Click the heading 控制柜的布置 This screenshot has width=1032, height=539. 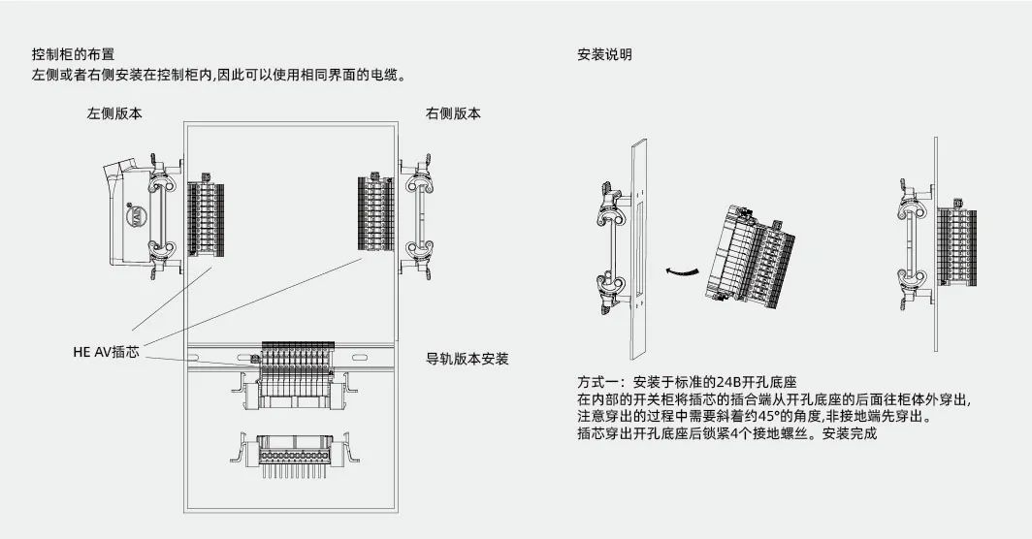pyautogui.click(x=80, y=55)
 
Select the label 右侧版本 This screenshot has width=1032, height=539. pyautogui.click(x=453, y=113)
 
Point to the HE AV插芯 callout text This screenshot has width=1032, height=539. pyautogui.click(x=106, y=353)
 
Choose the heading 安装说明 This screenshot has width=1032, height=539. pyautogui.click(x=604, y=55)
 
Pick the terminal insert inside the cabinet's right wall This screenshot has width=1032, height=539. pyautogui.click(x=375, y=213)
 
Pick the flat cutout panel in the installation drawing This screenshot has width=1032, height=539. pyautogui.click(x=638, y=242)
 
